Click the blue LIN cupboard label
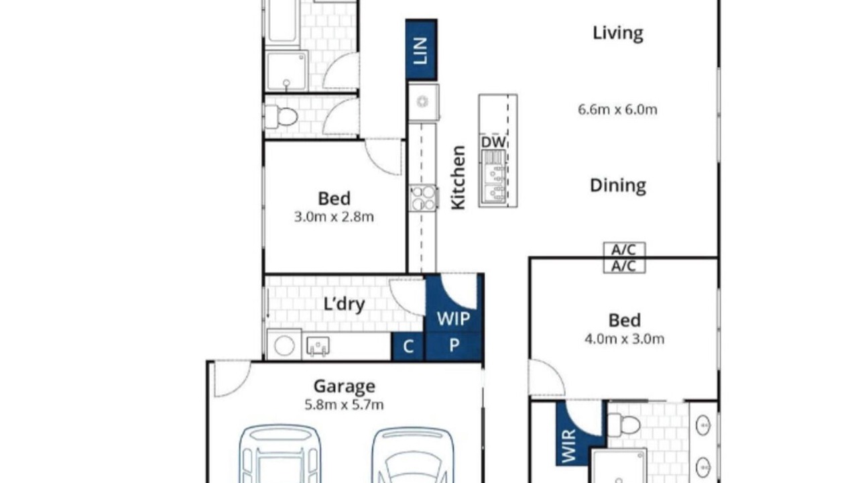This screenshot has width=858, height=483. click(421, 50)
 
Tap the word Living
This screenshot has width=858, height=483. click(618, 34)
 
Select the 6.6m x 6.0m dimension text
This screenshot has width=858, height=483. click(617, 109)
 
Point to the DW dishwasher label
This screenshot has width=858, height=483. click(493, 142)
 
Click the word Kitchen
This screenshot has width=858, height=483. click(458, 178)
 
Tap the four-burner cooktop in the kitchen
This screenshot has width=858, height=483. click(424, 198)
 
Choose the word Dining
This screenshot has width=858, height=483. click(618, 186)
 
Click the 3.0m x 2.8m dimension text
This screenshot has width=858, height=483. click(334, 217)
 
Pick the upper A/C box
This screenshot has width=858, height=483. click(624, 250)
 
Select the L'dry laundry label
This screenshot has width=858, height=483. click(344, 305)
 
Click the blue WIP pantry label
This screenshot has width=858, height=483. click(454, 319)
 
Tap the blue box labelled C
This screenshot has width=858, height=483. click(408, 347)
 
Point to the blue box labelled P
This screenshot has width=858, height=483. click(454, 346)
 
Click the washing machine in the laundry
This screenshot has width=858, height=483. click(284, 345)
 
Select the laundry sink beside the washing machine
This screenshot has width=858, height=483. click(318, 345)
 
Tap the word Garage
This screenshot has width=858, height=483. click(345, 386)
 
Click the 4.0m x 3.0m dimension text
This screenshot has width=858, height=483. click(624, 339)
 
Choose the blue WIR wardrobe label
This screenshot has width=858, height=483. click(569, 446)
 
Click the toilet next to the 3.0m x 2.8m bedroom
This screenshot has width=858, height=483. click(282, 116)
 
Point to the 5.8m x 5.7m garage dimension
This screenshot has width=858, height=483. click(345, 405)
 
